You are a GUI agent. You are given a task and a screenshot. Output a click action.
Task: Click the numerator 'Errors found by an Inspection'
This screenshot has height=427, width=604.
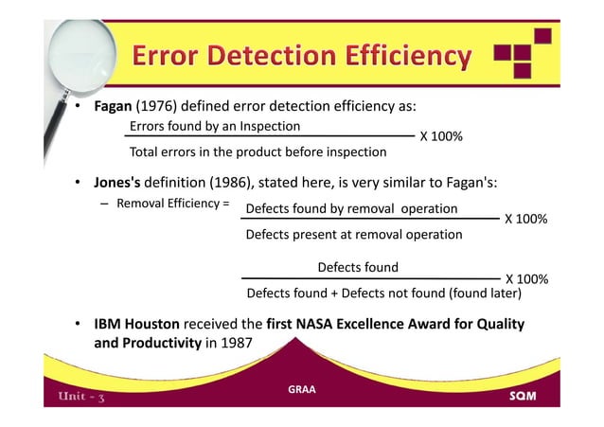[214, 126]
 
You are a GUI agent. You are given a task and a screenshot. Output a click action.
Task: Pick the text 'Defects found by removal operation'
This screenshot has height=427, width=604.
[351, 208]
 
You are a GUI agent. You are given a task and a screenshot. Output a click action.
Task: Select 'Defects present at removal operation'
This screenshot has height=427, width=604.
[353, 234]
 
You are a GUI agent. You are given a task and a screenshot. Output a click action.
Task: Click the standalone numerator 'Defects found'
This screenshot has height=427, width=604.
[357, 267]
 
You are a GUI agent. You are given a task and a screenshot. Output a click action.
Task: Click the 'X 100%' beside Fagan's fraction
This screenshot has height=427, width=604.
[440, 137]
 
